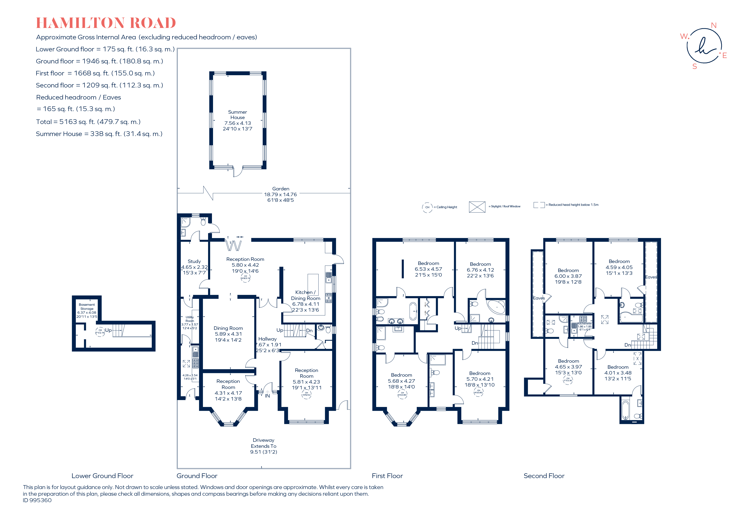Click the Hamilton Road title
(x=106, y=23)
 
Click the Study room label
(x=194, y=261)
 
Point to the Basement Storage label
(x=87, y=307)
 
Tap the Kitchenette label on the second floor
(x=584, y=324)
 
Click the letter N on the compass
(x=714, y=26)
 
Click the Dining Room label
(x=228, y=328)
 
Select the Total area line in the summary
(x=88, y=122)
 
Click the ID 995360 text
(x=37, y=500)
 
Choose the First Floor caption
(x=387, y=476)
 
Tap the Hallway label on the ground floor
(x=268, y=339)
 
